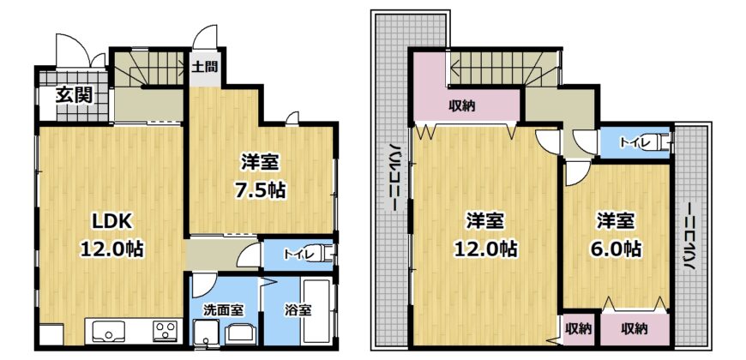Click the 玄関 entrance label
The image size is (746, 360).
pos(74,96)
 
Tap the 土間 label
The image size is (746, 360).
pos(205,66)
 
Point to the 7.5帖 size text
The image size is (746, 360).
pos(259,190)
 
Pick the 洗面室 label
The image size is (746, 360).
pos(224,310)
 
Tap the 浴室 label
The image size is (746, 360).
pos(298,310)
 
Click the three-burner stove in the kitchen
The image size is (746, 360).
pos(165,330)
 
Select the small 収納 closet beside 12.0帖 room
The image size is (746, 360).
pos(579,328)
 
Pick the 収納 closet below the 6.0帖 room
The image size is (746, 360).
pos(635,328)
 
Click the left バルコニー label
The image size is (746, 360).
pos(394,177)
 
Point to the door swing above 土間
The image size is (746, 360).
pos(205,36)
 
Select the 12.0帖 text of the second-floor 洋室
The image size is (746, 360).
pos(485,249)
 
